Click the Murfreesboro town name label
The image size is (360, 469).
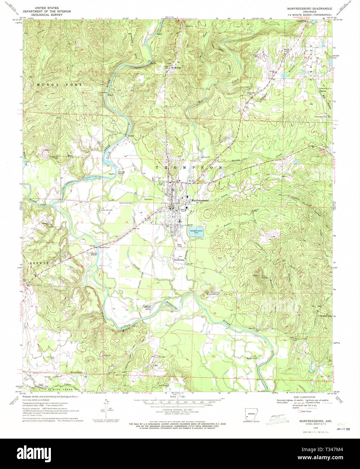click(201, 200)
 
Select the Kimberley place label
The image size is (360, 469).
click(179, 260)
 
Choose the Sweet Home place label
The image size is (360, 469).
click(77, 372)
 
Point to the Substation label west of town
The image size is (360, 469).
click(148, 199)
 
